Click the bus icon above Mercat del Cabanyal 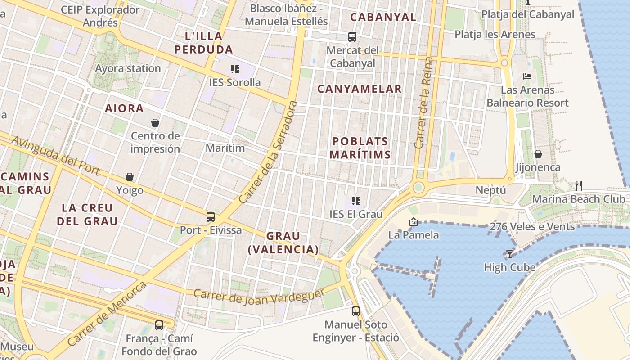pos(352,37)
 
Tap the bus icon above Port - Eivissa pos(210,217)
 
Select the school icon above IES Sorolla pos(234,69)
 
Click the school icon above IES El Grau pos(356,201)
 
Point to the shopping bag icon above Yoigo pos(130,177)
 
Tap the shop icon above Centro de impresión pos(155,123)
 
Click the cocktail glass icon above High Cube pos(509,254)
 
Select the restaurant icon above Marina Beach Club pos(579,185)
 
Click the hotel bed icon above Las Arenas pos(527,76)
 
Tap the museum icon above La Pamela pos(413,222)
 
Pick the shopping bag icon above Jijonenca pos(538,154)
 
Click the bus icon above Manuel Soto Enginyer pos(355,311)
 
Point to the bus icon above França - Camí pos(159,325)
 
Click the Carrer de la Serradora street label pos(268,152)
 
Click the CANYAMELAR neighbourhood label pos(359,89)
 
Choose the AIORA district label pos(124,108)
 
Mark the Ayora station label pos(128,68)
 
